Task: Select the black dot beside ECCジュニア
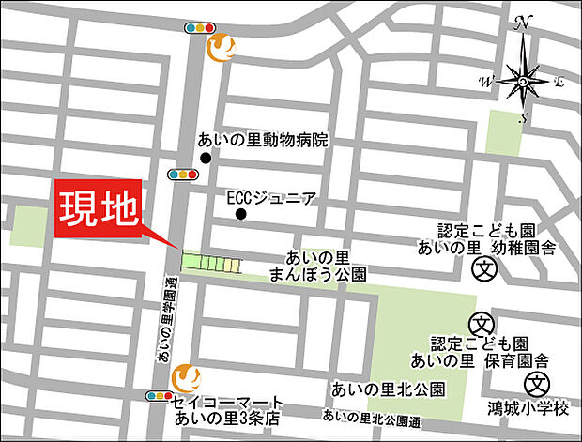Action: click(241, 214)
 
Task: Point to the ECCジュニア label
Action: click(272, 199)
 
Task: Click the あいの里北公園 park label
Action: click(388, 389)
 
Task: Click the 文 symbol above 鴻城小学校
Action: click(536, 382)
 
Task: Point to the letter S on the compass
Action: click(526, 117)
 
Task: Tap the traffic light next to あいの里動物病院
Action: click(183, 174)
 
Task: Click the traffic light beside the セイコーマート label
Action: click(159, 396)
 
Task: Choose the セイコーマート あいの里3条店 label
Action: click(228, 408)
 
